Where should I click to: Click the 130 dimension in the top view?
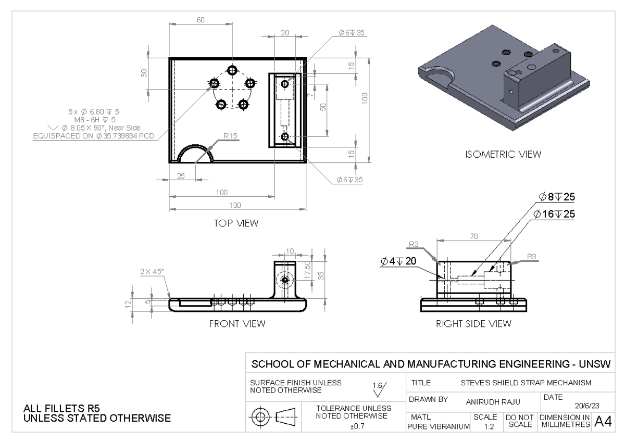(x=235, y=205)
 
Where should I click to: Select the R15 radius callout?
(x=230, y=136)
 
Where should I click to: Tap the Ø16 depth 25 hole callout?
(x=554, y=214)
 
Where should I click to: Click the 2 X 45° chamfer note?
(x=152, y=271)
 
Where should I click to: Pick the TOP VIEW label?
(x=236, y=223)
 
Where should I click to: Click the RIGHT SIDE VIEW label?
(x=473, y=324)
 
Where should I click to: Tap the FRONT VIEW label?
(x=237, y=324)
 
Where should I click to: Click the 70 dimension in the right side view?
(x=474, y=236)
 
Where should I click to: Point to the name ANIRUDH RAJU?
(x=487, y=402)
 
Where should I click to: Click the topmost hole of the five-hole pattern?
(x=232, y=70)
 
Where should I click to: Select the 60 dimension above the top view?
(x=201, y=20)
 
